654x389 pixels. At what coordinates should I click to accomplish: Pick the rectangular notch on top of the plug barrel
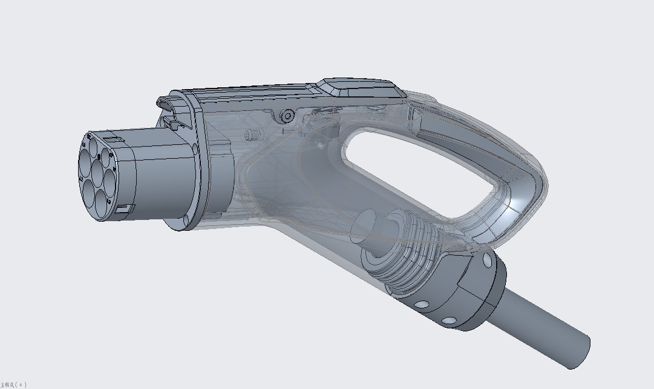(x=113, y=139)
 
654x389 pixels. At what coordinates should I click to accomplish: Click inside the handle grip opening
(x=417, y=170)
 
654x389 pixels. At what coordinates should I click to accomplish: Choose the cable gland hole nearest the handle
(x=487, y=262)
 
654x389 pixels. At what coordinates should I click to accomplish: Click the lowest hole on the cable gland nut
(x=449, y=321)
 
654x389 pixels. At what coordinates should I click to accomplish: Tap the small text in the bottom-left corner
(x=13, y=384)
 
